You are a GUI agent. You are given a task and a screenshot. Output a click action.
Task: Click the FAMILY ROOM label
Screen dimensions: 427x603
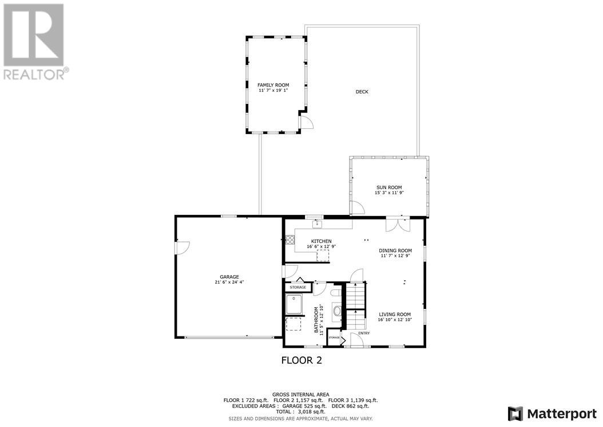[x=273, y=85]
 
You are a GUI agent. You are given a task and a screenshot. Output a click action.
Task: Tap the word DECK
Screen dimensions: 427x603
[x=362, y=92]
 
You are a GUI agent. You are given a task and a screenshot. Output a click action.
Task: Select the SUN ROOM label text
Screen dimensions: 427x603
[x=388, y=187]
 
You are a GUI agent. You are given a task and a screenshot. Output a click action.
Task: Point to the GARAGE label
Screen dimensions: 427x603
[x=229, y=276]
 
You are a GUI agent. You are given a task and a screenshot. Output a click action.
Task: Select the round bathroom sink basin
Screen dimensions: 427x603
[x=336, y=312]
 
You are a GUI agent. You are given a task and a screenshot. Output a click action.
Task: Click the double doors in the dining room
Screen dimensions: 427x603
[x=398, y=224]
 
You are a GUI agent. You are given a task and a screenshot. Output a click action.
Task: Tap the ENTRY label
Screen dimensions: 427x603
[x=364, y=333]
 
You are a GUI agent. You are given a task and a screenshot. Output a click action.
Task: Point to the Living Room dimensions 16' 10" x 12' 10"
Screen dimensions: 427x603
[x=395, y=320]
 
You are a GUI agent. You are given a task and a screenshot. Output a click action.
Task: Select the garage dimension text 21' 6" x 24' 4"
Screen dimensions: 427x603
[x=229, y=282]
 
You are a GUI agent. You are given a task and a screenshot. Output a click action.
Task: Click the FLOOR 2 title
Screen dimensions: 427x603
[x=301, y=361]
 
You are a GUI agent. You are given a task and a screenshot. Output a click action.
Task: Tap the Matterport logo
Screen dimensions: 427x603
[x=552, y=413]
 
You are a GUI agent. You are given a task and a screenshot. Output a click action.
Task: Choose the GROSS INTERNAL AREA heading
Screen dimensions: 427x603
[x=300, y=394]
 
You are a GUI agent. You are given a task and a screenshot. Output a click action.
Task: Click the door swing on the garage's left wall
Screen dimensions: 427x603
[x=182, y=247]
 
